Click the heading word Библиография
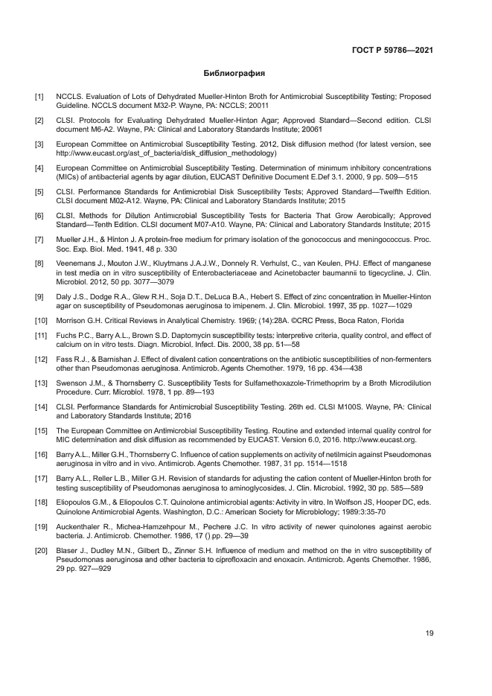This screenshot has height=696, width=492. pyautogui.click(x=234, y=74)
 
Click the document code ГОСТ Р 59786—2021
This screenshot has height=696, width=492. pyautogui.click(x=393, y=51)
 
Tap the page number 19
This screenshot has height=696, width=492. pyautogui.click(x=429, y=633)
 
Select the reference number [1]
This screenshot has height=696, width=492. pyautogui.click(x=39, y=98)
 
